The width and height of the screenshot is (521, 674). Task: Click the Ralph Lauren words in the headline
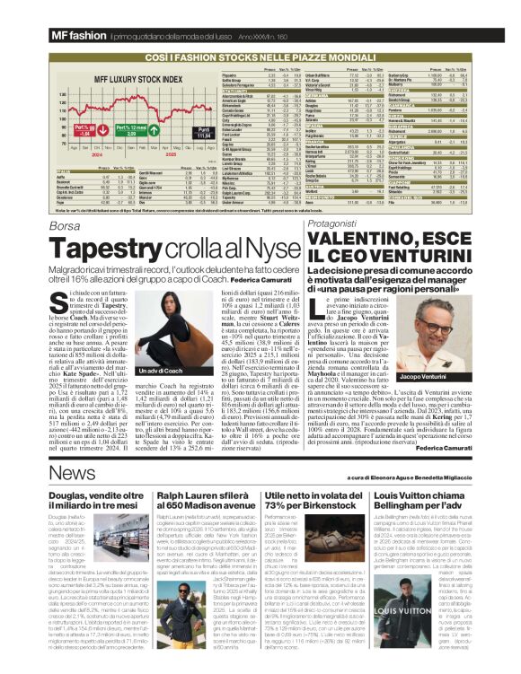[x=207, y=495]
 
